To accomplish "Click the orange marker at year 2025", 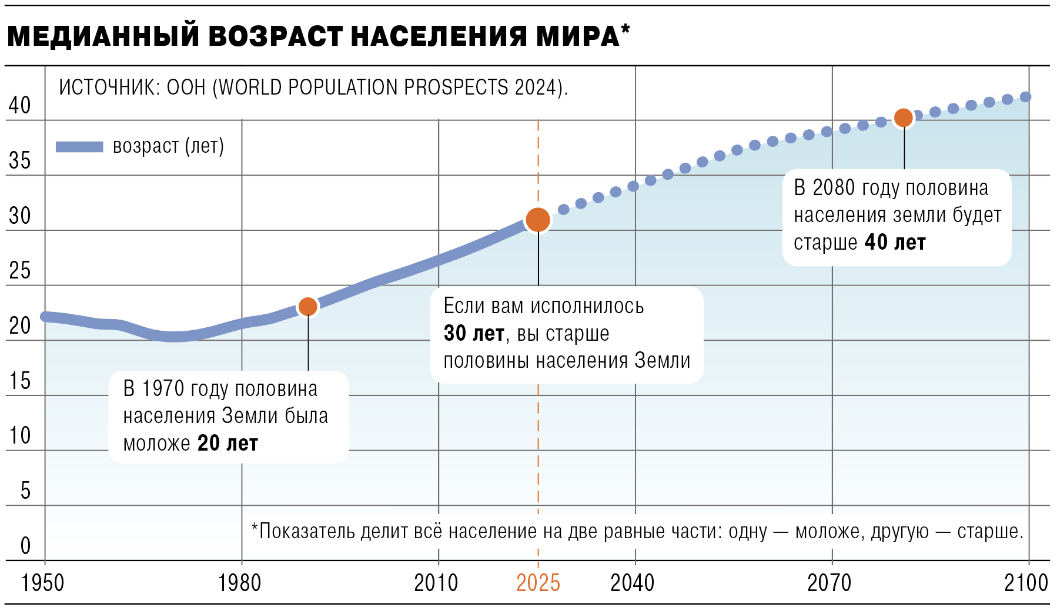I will tap(538, 220).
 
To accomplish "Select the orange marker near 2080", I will tap(904, 118).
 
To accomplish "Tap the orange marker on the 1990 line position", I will tap(307, 306).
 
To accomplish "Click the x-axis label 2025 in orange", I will tap(538, 583).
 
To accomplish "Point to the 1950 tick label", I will tap(43, 583).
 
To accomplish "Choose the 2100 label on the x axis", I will tap(1026, 583).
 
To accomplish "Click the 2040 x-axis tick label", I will tap(633, 583).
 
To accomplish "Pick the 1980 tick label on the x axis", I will tap(240, 583).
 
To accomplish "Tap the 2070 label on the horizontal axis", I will tap(829, 583).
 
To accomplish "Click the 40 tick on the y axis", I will tap(19, 106).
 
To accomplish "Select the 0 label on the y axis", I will tap(25, 546).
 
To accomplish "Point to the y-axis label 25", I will tap(19, 271).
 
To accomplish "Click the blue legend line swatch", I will tap(79, 147).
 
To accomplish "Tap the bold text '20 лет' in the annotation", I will tap(228, 444).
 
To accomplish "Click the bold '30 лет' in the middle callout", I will tap(474, 334).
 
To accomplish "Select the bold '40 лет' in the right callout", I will tap(895, 243).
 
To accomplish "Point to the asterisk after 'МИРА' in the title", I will tap(625, 29).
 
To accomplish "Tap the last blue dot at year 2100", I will tap(1025, 97).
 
